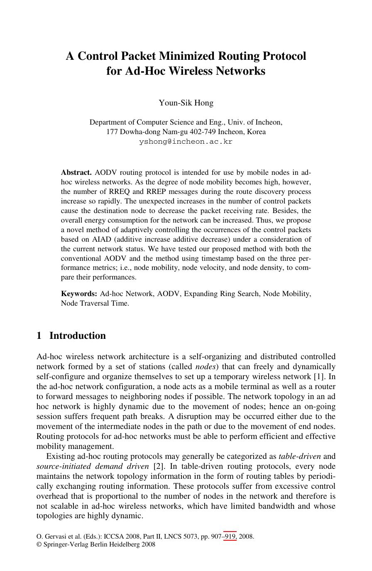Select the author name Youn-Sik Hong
pos(186,103)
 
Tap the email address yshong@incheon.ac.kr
pos(186,142)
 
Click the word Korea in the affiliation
pos(256,132)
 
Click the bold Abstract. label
pos(76,172)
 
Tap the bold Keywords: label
pos(79,294)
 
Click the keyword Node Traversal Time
pos(95,304)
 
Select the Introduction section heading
pos(77,336)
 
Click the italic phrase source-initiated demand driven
pos(93,466)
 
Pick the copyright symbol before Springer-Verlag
pos(39,544)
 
